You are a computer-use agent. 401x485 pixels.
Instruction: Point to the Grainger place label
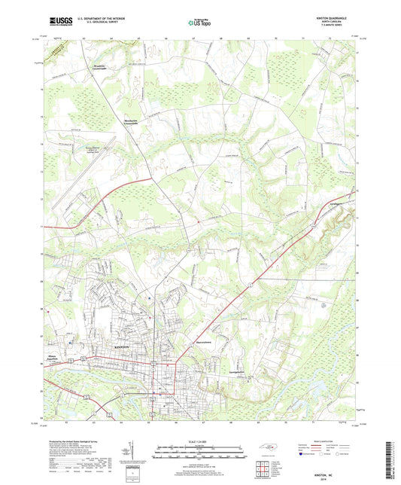coord(320,203)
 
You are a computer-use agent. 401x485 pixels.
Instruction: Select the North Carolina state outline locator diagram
coord(267,450)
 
